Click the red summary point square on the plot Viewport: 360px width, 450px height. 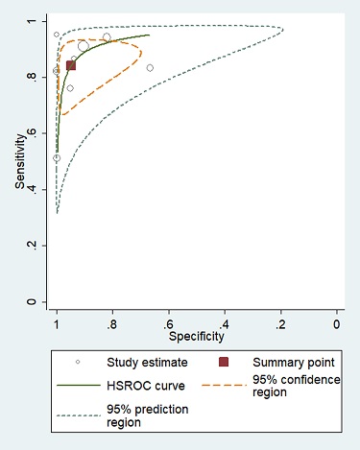click(71, 65)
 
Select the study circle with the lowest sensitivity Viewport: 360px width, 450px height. click(57, 158)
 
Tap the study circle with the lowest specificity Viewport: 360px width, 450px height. click(150, 68)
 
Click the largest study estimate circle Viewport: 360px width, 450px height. click(84, 46)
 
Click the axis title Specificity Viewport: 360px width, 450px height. click(197, 337)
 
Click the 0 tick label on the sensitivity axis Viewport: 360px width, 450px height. click(36, 302)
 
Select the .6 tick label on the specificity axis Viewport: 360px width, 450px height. click(168, 324)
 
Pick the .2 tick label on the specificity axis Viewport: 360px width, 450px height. click(280, 324)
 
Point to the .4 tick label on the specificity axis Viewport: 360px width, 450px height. click(225, 324)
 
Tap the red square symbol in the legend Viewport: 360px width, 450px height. click(224, 363)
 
